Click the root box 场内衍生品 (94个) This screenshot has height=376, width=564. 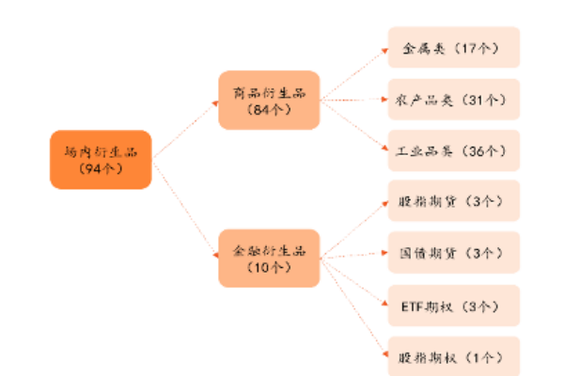click(101, 159)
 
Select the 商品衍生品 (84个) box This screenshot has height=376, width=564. click(269, 100)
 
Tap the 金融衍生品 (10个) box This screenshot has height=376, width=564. click(269, 258)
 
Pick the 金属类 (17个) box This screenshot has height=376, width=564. click(454, 47)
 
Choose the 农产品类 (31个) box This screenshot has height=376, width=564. click(454, 99)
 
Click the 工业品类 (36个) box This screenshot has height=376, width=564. click(454, 150)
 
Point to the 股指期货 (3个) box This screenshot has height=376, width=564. click(454, 201)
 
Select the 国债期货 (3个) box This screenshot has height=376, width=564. click(454, 253)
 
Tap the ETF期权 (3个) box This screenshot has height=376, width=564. click(454, 305)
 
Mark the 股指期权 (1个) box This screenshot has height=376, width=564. click(454, 357)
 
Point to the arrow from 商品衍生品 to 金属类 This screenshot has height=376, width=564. click(353, 71)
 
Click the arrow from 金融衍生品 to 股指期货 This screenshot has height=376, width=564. click(353, 227)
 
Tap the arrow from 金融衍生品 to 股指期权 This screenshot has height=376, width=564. click(353, 306)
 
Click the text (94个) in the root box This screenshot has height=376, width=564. click(101, 169)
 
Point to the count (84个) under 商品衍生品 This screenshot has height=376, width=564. click(269, 110)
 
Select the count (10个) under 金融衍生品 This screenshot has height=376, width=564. click(269, 268)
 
